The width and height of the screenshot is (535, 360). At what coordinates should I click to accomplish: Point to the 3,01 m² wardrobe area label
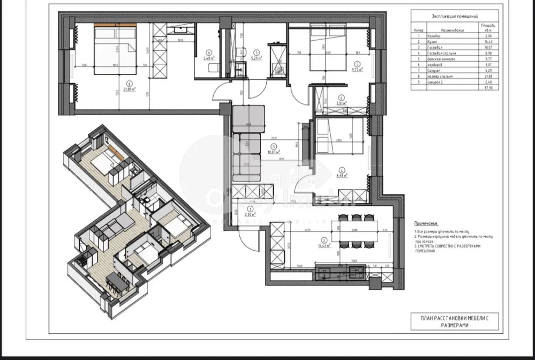click(x=341, y=104)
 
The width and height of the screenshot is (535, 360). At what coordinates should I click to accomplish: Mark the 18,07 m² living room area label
click(x=273, y=152)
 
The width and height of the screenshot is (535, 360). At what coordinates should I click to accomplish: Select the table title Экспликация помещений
click(x=454, y=18)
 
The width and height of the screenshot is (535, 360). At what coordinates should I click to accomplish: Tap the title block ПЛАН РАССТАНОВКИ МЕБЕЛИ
click(x=454, y=321)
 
